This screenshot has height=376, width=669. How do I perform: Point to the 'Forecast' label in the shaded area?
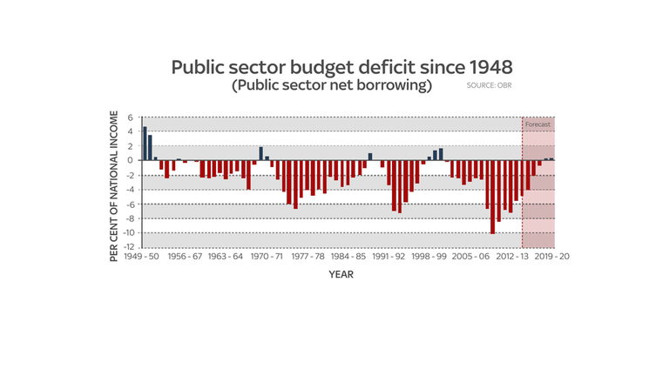point(537,124)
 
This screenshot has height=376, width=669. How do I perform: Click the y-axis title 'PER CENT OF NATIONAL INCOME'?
point(114,186)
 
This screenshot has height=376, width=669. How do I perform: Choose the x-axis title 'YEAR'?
point(340,275)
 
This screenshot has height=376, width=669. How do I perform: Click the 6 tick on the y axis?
point(130,117)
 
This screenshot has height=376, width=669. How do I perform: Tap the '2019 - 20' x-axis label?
point(551,258)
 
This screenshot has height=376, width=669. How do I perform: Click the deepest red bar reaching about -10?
point(493,197)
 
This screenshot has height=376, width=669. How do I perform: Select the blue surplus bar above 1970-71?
point(260,153)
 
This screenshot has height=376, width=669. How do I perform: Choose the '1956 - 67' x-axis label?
point(185,258)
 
